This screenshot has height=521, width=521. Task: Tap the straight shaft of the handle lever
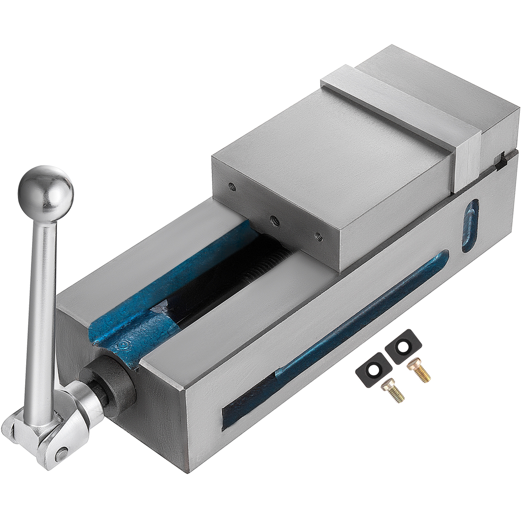[41, 304]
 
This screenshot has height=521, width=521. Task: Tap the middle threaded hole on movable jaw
[273, 219]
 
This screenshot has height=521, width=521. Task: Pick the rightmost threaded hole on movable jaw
[319, 237]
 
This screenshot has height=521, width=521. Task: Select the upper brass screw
[419, 372]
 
